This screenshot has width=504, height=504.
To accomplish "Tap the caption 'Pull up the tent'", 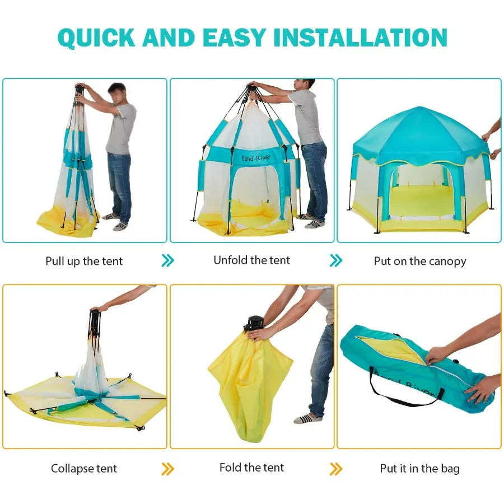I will point(84,261).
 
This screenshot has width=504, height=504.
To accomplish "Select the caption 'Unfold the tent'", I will point(252,260).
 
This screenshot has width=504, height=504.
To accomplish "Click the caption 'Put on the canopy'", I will point(420,261).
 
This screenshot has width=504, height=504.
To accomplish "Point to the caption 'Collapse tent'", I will point(84,468).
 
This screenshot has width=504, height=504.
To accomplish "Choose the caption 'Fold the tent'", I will point(252,467).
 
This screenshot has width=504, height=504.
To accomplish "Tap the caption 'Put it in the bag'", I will point(420,468).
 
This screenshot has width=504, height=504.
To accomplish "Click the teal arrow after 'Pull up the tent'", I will point(167,260).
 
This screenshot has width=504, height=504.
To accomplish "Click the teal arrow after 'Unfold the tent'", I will point(336,260).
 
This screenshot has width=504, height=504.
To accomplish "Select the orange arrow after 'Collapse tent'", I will point(167,469).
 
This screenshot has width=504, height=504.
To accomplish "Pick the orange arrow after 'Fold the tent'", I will point(336,469).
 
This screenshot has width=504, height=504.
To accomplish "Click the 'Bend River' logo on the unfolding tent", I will point(256,158).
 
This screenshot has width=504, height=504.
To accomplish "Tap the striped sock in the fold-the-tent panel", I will point(309,418).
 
